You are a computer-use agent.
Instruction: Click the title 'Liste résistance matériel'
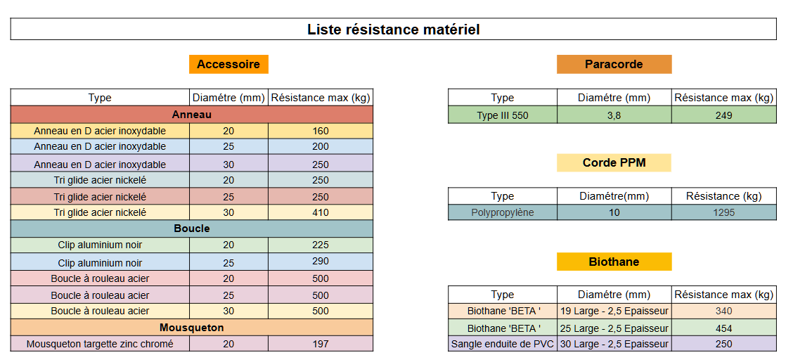[x=394, y=30]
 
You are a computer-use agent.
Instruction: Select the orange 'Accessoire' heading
[x=228, y=64]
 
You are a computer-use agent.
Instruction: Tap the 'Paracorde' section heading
[x=614, y=64]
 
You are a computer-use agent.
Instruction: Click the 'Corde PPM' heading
[x=614, y=163]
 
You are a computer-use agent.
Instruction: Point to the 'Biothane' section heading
[x=614, y=262]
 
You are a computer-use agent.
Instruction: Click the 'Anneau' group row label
[x=191, y=115]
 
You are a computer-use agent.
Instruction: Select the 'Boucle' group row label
[x=191, y=229]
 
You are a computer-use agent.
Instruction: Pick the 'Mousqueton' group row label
[x=191, y=328]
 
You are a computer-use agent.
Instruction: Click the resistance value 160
[x=321, y=131]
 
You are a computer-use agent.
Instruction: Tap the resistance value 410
[x=321, y=212]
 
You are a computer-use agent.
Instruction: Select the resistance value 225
[x=321, y=245]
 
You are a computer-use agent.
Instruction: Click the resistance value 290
[x=321, y=262]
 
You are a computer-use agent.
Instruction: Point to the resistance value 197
[x=321, y=344]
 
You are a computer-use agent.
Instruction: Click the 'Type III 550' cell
[x=502, y=116]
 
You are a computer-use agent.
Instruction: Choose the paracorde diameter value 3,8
[x=614, y=116]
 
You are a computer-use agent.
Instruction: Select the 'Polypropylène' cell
[x=502, y=212]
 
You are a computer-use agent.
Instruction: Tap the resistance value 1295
[x=724, y=212]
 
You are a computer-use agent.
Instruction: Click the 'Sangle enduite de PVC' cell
[x=502, y=345]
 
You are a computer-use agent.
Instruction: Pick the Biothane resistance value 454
[x=724, y=329]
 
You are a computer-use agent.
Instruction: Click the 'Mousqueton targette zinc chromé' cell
[x=100, y=345]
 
